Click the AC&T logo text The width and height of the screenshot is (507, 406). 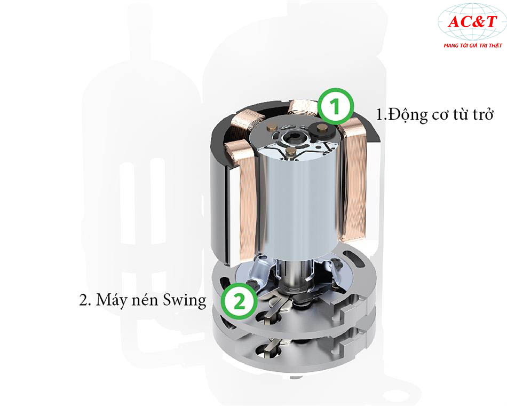point(472,22)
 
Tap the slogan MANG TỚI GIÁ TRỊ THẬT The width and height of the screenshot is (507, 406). point(473,45)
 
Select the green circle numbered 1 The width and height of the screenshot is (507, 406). point(336,106)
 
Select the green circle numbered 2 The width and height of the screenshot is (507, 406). point(239,301)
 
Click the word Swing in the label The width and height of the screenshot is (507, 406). point(184,300)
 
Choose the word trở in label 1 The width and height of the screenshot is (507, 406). point(482,114)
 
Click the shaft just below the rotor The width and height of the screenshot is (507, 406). point(295,270)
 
